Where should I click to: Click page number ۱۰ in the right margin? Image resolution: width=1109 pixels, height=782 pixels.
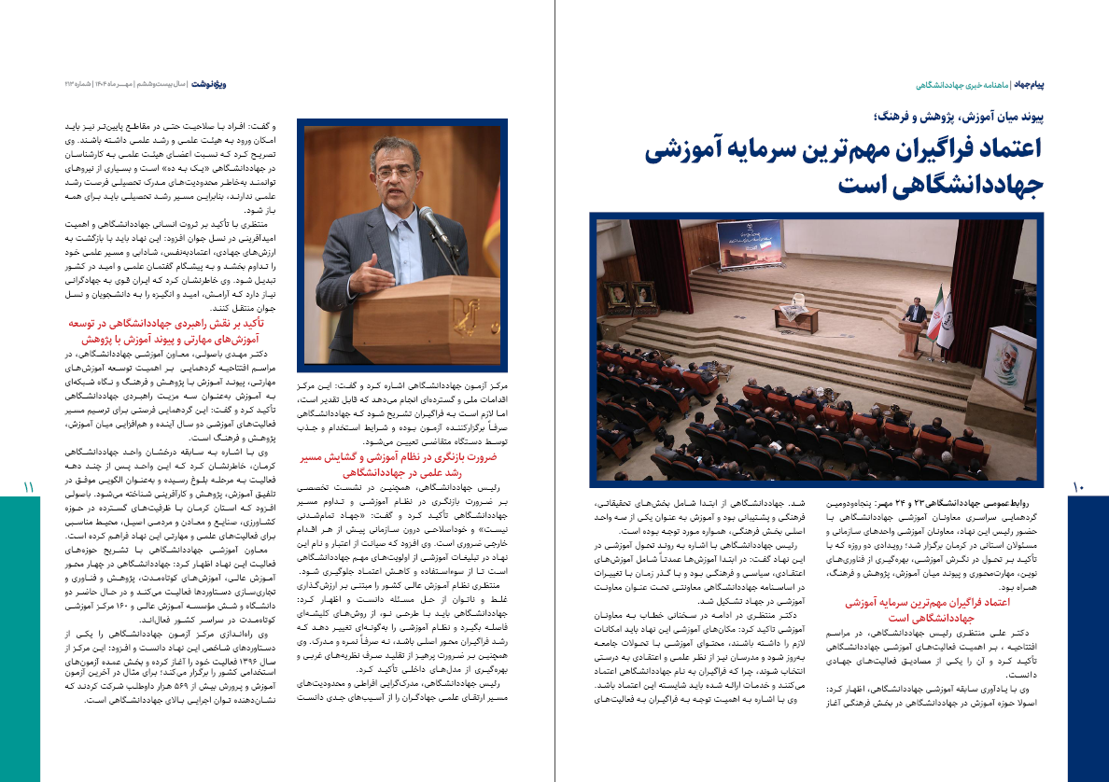[x=1079, y=487]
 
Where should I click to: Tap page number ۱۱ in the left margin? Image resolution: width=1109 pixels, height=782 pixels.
[x=28, y=487]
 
